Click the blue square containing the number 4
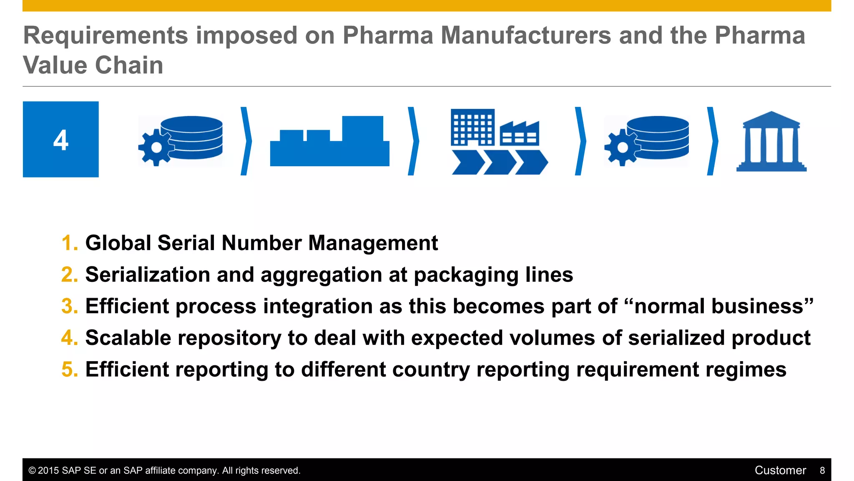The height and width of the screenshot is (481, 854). (x=61, y=139)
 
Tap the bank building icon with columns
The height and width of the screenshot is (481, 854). (x=771, y=142)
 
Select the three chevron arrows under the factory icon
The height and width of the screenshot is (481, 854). (x=500, y=162)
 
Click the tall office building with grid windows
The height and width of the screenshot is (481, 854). (x=473, y=127)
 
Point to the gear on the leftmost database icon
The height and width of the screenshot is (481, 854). (x=156, y=147)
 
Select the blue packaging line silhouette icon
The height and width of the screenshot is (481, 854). (x=329, y=142)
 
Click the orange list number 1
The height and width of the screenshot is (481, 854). (x=69, y=243)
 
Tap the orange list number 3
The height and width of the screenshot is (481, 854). (x=69, y=306)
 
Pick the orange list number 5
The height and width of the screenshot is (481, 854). (x=69, y=370)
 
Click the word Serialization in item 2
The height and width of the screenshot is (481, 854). (x=148, y=275)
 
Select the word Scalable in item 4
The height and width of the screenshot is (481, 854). (x=128, y=338)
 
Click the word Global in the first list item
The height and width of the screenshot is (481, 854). (x=118, y=243)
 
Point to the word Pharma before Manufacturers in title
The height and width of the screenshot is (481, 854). (x=388, y=35)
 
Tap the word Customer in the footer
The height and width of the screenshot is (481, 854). (x=780, y=471)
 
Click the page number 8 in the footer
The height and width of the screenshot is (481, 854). (x=822, y=471)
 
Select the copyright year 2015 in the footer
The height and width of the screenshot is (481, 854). (x=48, y=471)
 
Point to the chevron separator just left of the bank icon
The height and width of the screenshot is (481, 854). (x=713, y=141)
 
